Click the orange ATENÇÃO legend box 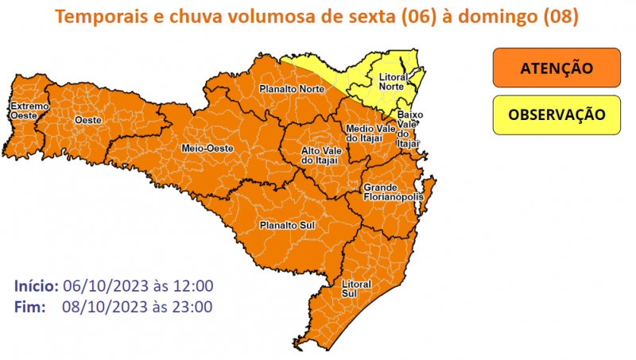click(556, 68)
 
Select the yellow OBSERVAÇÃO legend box click(556, 114)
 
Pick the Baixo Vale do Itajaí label click(409, 128)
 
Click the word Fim click(29, 306)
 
